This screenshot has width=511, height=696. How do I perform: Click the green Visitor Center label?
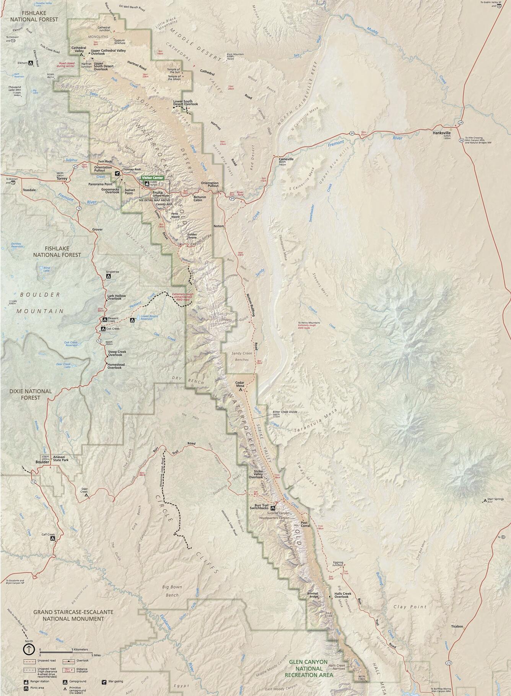click(152, 178)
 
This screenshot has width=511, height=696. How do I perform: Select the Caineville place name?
click(286, 159)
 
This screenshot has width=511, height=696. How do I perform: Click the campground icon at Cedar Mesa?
click(241, 390)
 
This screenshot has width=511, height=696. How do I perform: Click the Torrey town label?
click(62, 178)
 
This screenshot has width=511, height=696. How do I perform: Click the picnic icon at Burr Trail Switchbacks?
click(273, 508)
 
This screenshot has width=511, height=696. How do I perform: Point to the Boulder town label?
click(42, 462)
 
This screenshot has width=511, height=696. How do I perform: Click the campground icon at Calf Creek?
click(52, 538)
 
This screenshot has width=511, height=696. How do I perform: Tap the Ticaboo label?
click(457, 626)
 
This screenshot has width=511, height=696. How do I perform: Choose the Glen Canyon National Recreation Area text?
click(308, 668)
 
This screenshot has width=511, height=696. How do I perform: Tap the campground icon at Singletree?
click(108, 276)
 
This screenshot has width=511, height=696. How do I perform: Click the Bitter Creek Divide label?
click(285, 412)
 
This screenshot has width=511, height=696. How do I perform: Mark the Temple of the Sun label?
click(173, 71)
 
